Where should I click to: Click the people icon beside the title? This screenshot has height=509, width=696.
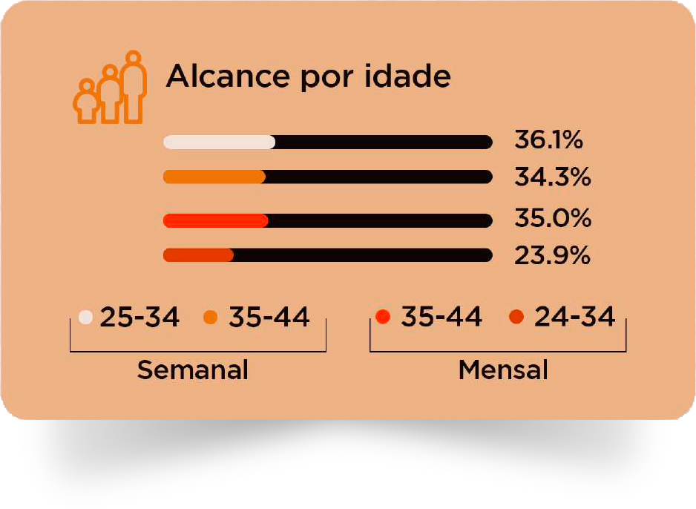(x=110, y=88)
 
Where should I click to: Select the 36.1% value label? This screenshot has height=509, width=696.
(x=549, y=139)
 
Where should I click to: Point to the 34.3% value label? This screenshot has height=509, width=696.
(x=552, y=177)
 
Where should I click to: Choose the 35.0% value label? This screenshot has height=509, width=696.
(x=552, y=219)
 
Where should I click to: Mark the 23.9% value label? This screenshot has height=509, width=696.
(x=552, y=256)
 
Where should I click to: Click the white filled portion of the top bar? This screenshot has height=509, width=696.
(x=219, y=142)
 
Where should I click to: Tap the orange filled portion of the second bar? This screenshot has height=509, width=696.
(x=214, y=177)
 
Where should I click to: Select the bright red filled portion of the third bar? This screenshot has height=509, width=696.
(x=215, y=220)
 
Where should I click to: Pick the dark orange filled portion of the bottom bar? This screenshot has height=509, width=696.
(x=198, y=255)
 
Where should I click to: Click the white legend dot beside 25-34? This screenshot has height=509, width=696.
(x=85, y=318)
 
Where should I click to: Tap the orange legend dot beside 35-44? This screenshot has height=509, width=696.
(x=210, y=318)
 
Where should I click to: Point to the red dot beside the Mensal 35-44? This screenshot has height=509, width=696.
(x=383, y=318)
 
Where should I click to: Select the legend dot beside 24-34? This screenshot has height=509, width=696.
(x=516, y=318)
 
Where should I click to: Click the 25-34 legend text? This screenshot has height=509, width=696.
(x=139, y=318)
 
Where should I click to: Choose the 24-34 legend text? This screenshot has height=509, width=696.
(x=574, y=318)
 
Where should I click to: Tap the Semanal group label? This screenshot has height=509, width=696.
(x=192, y=370)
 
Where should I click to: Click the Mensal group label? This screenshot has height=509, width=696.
(x=503, y=370)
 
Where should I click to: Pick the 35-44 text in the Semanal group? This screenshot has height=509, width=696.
(x=269, y=318)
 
